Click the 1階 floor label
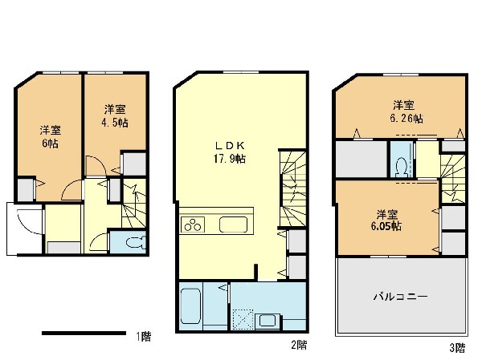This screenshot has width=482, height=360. click(144, 337)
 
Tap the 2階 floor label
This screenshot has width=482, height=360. click(299, 345)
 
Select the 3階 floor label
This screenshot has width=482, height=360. click(457, 348)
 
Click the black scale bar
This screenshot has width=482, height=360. click(84, 333)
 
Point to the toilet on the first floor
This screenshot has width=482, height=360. click(136, 242)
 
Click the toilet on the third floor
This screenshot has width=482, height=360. click(402, 168)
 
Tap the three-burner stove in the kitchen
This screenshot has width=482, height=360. click(193, 224)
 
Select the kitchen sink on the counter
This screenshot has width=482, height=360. click(233, 224)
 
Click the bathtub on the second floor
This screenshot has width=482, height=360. click(190, 306)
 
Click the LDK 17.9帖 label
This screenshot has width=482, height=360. click(230, 152)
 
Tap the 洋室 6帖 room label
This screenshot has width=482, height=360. click(50, 136)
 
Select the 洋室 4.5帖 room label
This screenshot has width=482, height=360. click(115, 116)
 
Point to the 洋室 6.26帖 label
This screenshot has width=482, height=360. click(406, 111)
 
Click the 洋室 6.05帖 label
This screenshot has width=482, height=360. click(386, 220)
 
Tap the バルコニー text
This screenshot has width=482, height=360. click(400, 297)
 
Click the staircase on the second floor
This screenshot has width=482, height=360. click(293, 188)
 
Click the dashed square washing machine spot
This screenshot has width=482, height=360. click(243, 319)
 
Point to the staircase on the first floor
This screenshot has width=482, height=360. click(134, 204)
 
